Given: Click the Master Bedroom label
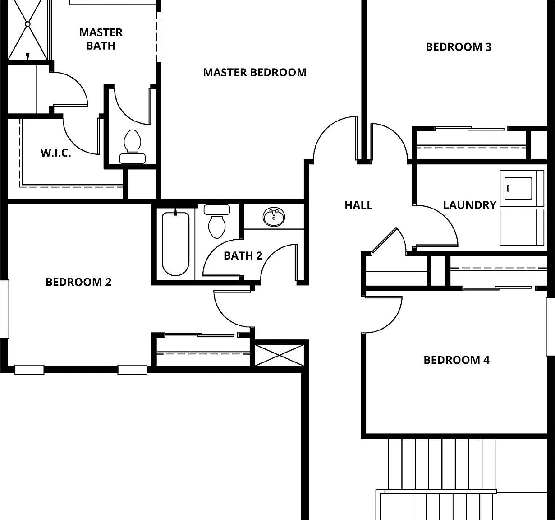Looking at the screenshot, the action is click(255, 73).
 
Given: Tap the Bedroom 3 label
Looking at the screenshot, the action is click(459, 47).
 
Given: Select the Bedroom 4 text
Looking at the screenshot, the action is click(457, 360).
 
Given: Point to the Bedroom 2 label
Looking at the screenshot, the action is click(78, 282).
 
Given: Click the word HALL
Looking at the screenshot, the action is click(358, 205).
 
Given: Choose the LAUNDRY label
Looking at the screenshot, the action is click(470, 205).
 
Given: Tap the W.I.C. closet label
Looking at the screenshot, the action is click(56, 153).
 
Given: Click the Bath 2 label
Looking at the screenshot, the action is click(243, 255).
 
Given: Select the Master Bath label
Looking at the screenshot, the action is click(101, 39).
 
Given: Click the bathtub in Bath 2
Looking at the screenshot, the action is click(175, 244).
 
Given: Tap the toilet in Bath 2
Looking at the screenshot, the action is click(217, 221).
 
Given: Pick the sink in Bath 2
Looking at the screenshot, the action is click(274, 217).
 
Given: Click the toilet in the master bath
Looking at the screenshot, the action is click(132, 147).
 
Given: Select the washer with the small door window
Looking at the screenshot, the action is click(522, 188).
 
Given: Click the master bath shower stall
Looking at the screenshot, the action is click(28, 30).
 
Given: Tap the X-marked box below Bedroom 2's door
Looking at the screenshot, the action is click(279, 355).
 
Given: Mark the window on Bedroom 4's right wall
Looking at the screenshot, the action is click(550, 326).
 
